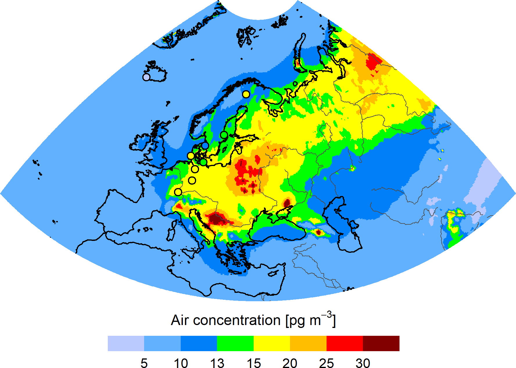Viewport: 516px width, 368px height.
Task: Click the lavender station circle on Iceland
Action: point(146,77)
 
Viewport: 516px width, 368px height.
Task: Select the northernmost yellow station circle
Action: point(246,94)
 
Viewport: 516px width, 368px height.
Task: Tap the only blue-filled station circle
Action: point(205,146)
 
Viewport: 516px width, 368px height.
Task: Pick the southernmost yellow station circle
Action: point(178,192)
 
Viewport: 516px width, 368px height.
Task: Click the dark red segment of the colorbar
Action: point(381,343)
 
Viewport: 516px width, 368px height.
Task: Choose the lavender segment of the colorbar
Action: point(126,343)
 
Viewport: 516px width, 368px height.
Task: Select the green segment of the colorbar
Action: point(235,343)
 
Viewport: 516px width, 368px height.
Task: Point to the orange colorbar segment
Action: point(308,343)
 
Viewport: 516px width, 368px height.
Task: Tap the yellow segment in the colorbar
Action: point(272,343)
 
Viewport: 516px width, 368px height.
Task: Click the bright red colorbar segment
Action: point(345,343)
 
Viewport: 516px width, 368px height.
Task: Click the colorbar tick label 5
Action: point(144,363)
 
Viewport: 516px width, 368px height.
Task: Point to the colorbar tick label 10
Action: point(181,363)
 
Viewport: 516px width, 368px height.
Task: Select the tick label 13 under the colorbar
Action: point(217,363)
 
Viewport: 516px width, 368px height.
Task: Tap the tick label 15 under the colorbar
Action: point(254,363)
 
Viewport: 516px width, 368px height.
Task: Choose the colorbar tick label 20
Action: point(290,363)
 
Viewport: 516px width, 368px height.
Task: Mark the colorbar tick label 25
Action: point(326,363)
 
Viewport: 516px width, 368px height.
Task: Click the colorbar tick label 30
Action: point(363,363)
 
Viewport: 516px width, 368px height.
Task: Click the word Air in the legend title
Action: point(180,320)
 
